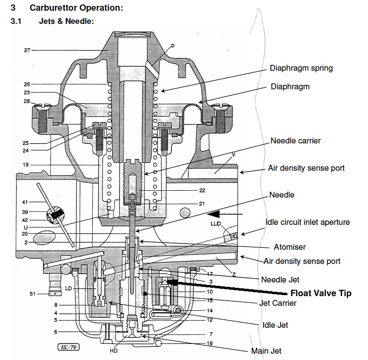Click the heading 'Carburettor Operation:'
tap(76, 8)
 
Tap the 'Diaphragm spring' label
tap(301, 68)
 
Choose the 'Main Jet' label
tap(266, 351)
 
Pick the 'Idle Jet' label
tap(274, 325)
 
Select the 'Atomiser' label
tap(290, 247)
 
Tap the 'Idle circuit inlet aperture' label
tap(307, 222)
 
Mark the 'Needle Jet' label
tap(280, 280)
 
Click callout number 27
tap(27, 50)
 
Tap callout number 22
tap(202, 190)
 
